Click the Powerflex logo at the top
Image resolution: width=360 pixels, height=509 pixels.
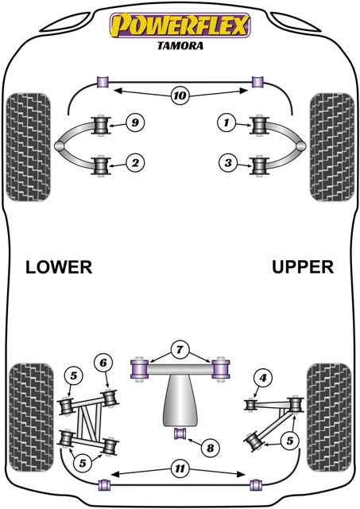pos(180,25)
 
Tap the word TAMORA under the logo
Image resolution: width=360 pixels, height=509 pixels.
pos(180,45)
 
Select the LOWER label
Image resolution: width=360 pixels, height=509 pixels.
pos(59,267)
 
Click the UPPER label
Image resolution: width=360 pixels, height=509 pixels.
pos(302,267)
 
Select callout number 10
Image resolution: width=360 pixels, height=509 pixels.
pos(180,97)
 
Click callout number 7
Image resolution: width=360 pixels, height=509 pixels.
pos(180,348)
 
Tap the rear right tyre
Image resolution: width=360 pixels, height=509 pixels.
pos(328,406)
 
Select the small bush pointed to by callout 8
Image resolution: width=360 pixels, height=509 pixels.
pos(180,433)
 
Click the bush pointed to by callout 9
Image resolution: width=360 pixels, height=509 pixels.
pos(101,126)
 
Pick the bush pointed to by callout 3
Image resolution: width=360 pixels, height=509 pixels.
pos(258,165)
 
